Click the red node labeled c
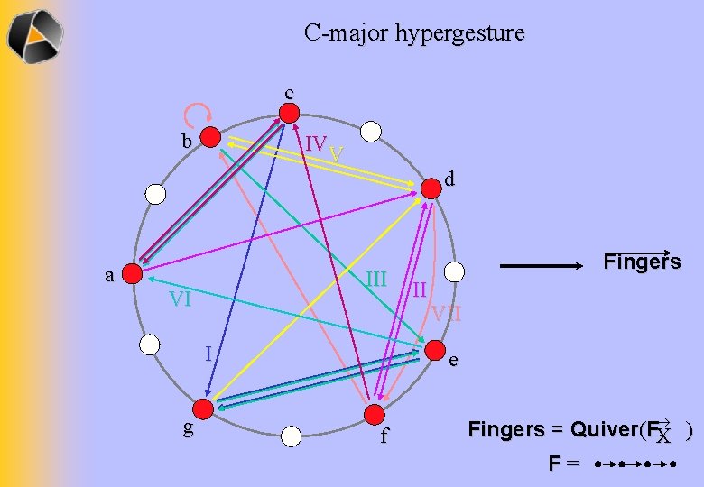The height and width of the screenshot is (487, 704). [289, 113]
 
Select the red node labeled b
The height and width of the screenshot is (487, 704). [210, 137]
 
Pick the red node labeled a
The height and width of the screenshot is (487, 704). [133, 272]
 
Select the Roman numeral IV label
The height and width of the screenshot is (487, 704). [315, 144]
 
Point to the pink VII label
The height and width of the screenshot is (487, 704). [446, 314]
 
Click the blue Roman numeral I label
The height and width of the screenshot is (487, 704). [208, 353]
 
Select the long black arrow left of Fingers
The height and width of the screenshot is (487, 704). [544, 266]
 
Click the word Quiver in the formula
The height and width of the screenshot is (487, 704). [591, 429]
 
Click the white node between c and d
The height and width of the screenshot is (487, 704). [368, 132]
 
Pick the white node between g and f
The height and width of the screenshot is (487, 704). [291, 436]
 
